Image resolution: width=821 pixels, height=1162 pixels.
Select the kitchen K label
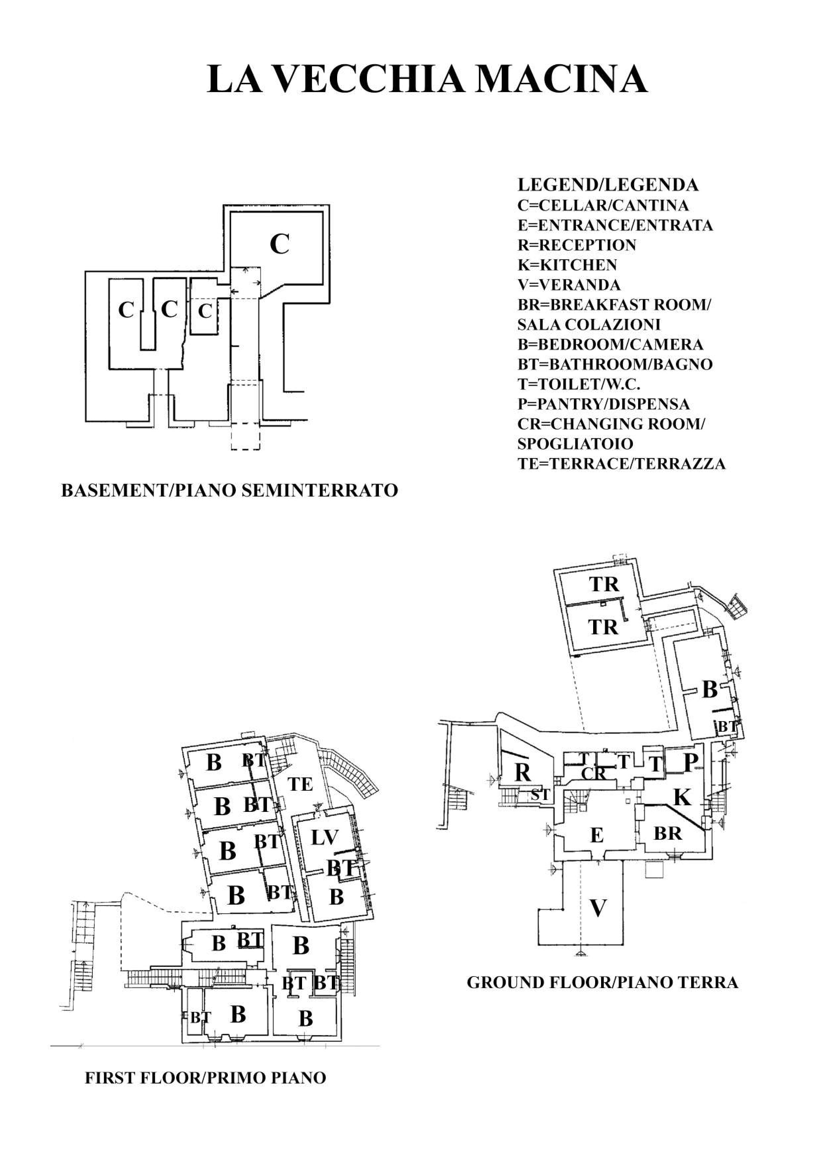click(x=682, y=797)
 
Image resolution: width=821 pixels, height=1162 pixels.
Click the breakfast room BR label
click(x=668, y=833)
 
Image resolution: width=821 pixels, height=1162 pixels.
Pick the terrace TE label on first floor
click(x=300, y=784)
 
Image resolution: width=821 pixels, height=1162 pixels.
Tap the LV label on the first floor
click(x=324, y=838)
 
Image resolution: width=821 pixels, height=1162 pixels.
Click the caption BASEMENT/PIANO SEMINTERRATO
click(x=229, y=491)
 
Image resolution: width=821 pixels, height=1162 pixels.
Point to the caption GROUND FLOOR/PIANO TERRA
click(x=602, y=982)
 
